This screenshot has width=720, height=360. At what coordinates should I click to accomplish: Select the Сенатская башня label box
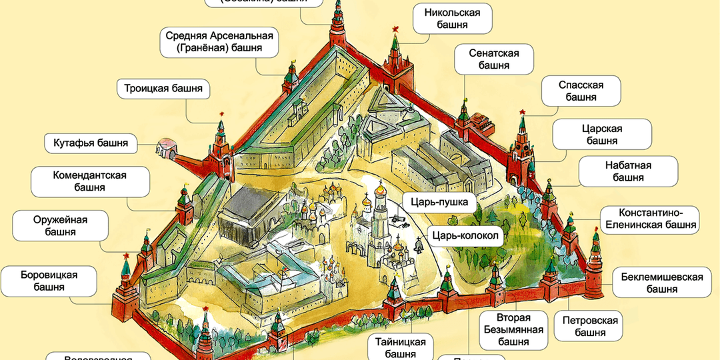click(x=494, y=59)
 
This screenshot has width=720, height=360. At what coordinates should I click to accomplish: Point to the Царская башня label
click(x=592, y=134)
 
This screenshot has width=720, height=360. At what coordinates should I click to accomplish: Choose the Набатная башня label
click(x=615, y=171)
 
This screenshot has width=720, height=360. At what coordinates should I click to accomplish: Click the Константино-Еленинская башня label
click(x=649, y=219)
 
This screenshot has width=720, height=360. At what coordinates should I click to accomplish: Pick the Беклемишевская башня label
click(x=661, y=282)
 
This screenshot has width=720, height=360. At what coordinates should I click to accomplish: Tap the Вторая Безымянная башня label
click(x=513, y=329)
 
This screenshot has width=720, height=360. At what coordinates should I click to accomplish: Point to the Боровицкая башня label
click(x=50, y=281)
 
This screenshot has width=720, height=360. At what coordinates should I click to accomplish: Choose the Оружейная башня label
click(x=61, y=225)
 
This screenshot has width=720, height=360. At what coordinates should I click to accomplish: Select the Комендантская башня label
click(x=89, y=181)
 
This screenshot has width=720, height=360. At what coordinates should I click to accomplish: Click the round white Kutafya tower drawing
click(x=165, y=149)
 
